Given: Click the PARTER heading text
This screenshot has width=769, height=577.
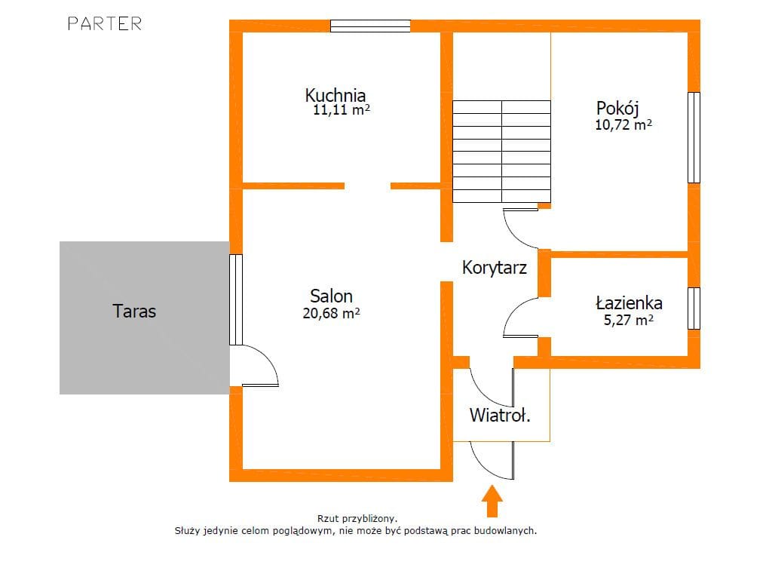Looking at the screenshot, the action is click(x=105, y=23).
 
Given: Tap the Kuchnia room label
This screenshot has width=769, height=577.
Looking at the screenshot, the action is click(x=335, y=95).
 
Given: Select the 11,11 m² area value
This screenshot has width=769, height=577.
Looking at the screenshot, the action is click(x=342, y=109).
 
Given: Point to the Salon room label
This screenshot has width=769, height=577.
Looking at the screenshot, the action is click(x=332, y=296).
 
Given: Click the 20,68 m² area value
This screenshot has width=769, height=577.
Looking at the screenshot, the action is click(x=332, y=313).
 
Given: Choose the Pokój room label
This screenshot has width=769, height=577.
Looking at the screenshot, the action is click(x=617, y=109).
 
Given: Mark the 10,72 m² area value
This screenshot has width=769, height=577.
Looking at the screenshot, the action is click(x=623, y=124).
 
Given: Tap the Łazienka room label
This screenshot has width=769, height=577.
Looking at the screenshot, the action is click(x=630, y=302).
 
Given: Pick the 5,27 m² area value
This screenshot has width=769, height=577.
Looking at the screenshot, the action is click(x=629, y=320).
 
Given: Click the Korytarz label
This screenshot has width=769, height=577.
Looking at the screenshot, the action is click(x=495, y=268).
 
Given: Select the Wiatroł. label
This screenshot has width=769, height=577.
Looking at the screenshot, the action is click(x=500, y=415).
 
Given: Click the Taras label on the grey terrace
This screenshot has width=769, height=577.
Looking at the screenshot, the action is click(x=134, y=311).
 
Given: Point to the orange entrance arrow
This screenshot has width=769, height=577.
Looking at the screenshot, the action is click(x=492, y=502).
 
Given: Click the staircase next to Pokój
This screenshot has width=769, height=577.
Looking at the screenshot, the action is click(x=501, y=152).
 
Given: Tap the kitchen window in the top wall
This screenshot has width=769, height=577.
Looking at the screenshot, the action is click(x=370, y=26).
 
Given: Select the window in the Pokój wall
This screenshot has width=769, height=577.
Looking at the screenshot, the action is click(x=694, y=137).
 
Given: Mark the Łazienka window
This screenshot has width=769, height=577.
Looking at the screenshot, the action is click(x=694, y=308).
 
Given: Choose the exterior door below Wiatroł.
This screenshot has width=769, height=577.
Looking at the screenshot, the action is click(x=492, y=460).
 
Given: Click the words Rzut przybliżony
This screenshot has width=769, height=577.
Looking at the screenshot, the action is click(x=357, y=519).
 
